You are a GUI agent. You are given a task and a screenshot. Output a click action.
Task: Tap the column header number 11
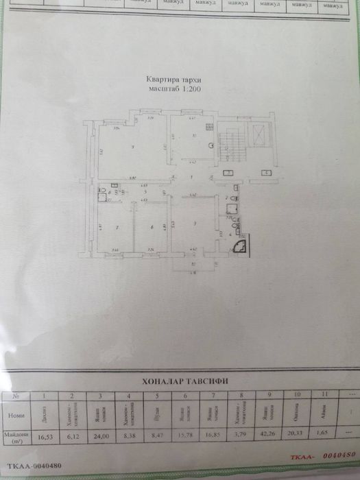click(324, 396)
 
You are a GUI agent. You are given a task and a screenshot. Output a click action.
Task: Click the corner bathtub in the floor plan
click(242, 244)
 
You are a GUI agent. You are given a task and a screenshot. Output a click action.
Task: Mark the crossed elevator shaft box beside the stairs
click(261, 134)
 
